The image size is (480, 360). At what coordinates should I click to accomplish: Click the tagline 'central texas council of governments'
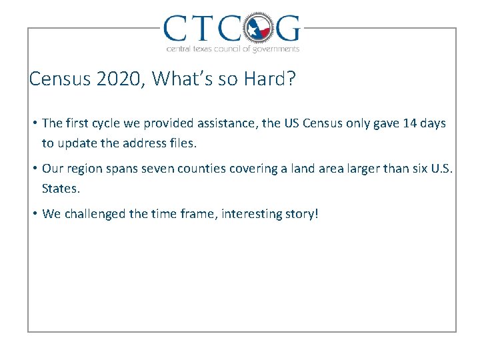[x=232, y=49]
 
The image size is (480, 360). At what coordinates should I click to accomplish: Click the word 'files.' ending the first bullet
[x=183, y=143]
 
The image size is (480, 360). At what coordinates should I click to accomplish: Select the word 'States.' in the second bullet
[x=61, y=188]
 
